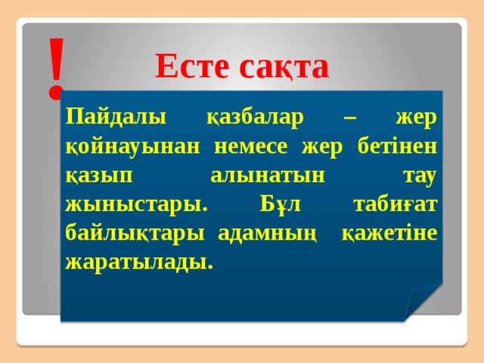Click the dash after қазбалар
point(349,119)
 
